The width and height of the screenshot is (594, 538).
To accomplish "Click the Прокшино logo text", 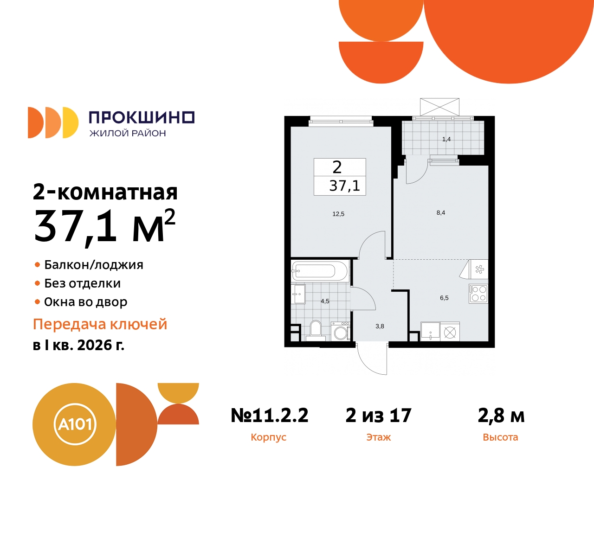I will pyautogui.click(x=141, y=117).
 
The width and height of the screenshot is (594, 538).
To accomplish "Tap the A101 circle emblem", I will pyautogui.click(x=75, y=424).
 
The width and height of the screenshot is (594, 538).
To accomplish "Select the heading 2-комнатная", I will pyautogui.click(x=105, y=192).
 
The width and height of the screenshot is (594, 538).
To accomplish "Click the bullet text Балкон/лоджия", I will pyautogui.click(x=93, y=265).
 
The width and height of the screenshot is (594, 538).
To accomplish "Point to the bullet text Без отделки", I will pyautogui.click(x=82, y=283).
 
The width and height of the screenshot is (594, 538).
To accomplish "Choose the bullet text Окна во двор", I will pyautogui.click(x=85, y=302).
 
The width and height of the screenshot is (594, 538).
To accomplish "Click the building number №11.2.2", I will pyautogui.click(x=269, y=416).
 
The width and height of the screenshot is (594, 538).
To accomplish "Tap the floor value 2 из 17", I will pyautogui.click(x=378, y=416).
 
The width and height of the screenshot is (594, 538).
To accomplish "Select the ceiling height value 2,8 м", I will pyautogui.click(x=501, y=416).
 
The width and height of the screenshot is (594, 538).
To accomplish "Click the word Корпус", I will pyautogui.click(x=268, y=437).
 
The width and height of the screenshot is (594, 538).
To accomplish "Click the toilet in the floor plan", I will pyautogui.click(x=316, y=330).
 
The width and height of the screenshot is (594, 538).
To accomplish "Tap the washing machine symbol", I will pyautogui.click(x=341, y=332).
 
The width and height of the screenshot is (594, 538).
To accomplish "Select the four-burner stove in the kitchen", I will pyautogui.click(x=478, y=294).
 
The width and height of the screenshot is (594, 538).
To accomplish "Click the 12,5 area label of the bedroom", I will pyautogui.click(x=338, y=214).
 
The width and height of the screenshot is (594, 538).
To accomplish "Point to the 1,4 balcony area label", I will pyautogui.click(x=446, y=139).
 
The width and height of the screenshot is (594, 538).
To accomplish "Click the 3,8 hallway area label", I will pyautogui.click(x=380, y=326).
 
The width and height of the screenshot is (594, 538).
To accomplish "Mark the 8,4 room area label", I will pyautogui.click(x=440, y=213).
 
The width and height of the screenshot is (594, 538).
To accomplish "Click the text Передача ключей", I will pyautogui.click(x=100, y=324).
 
